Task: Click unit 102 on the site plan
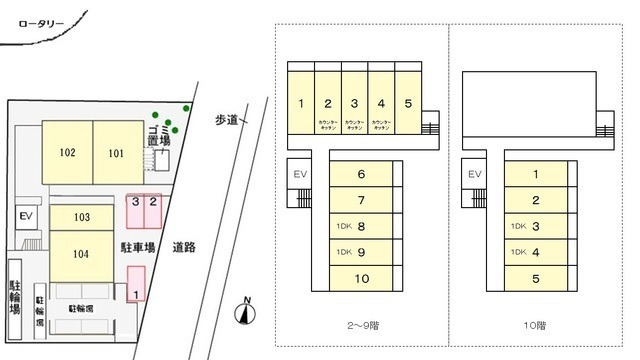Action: (67, 153)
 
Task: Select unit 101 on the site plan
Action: (118, 153)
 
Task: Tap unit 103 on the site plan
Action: (82, 217)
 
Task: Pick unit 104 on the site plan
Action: (82, 253)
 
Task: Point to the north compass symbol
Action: (243, 314)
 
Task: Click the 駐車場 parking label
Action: (137, 247)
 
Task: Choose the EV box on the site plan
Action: (26, 217)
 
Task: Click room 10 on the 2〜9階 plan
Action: (360, 278)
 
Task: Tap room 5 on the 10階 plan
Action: (536, 278)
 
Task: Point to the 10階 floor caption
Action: (536, 325)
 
